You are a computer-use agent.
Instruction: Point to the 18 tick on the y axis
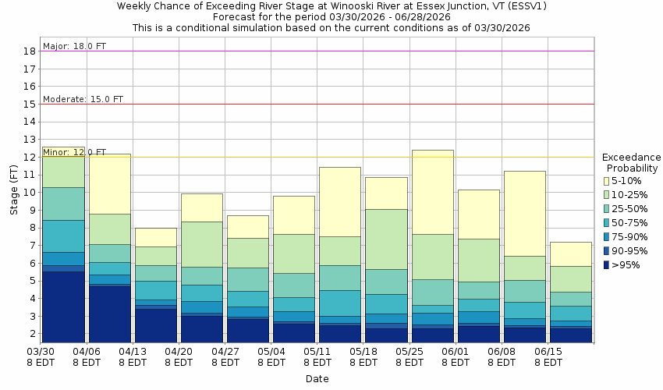(30, 51)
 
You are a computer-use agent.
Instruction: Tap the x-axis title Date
(317, 378)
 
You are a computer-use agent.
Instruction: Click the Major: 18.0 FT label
(74, 46)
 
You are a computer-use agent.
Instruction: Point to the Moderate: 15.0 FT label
(83, 99)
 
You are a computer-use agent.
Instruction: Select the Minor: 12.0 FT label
(74, 152)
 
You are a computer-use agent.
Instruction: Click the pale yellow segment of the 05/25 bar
(432, 192)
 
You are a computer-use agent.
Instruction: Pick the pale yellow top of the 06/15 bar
(571, 253)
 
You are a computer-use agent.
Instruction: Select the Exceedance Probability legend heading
(632, 162)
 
